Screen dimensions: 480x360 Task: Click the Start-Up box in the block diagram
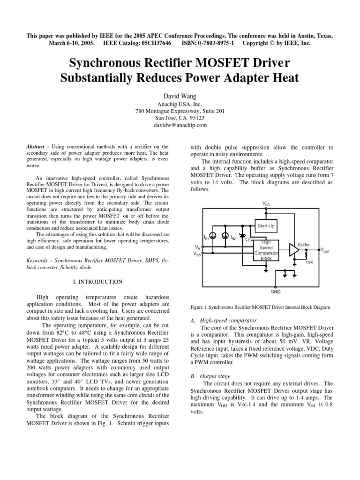point(266,226)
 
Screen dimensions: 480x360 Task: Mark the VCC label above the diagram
point(266,203)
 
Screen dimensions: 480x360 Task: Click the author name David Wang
point(180,96)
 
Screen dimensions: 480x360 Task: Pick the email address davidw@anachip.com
point(180,125)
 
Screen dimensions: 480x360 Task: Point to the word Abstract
point(36,147)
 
